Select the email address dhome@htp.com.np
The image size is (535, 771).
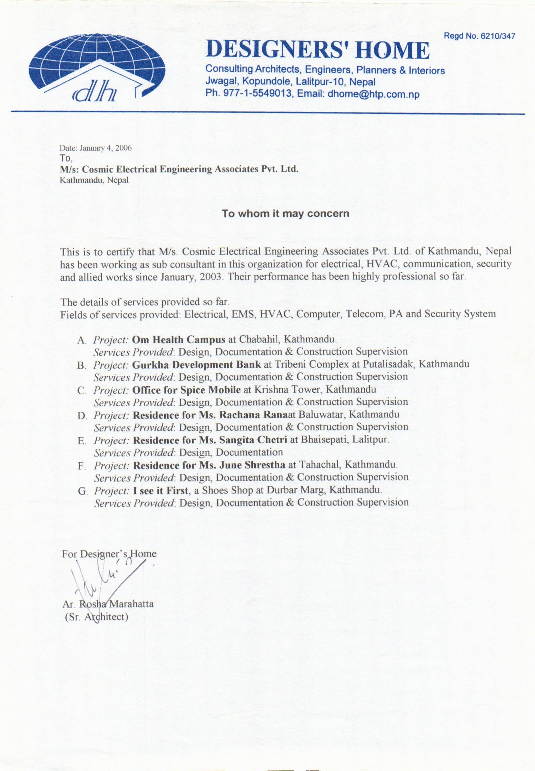[373, 94]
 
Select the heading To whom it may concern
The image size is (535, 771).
[285, 214]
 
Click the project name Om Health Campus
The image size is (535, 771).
[179, 339]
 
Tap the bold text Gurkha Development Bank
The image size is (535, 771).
[197, 365]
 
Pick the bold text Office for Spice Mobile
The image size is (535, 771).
[187, 390]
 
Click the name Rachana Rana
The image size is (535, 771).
[253, 415]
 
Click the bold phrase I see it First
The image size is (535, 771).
[161, 491]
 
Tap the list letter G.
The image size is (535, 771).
[82, 491]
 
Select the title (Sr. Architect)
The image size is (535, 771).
[96, 617]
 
